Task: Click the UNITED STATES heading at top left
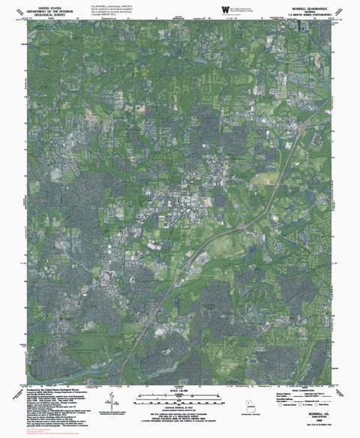click(40, 5)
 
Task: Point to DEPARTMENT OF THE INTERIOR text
click(40, 9)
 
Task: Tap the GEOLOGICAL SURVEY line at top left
click(40, 13)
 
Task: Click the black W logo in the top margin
click(226, 9)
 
